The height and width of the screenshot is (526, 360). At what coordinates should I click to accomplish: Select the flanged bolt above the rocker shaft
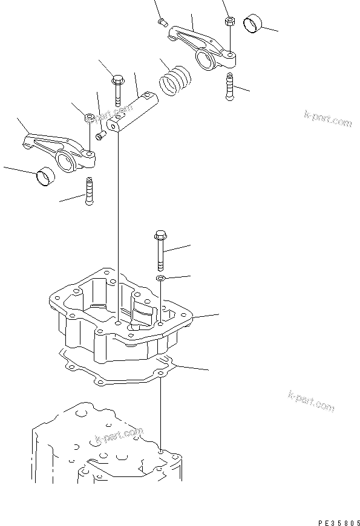click(117, 88)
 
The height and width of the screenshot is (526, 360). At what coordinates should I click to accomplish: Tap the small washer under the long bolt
click(160, 278)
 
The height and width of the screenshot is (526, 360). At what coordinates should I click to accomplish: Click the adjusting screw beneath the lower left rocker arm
click(90, 190)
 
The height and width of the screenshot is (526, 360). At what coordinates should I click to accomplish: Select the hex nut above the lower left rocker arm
click(89, 117)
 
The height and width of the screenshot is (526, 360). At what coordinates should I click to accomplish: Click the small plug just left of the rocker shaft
click(102, 134)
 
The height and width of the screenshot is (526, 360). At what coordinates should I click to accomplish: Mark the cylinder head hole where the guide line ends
click(161, 450)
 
